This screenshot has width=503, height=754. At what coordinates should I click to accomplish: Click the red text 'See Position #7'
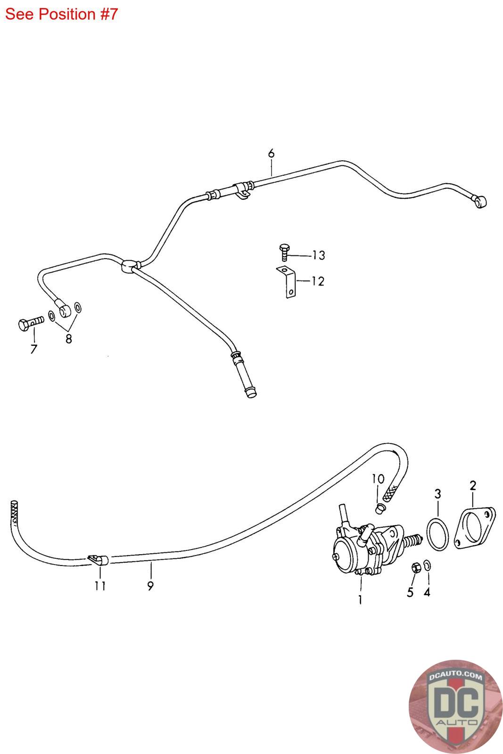pos(61,14)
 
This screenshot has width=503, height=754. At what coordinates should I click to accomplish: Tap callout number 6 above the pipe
pos(271,153)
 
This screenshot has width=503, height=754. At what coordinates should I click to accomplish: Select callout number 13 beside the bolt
pos(319,255)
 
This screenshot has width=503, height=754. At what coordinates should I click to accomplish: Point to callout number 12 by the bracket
pos(318,281)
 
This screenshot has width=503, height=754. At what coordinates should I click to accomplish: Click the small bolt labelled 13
pos(284,251)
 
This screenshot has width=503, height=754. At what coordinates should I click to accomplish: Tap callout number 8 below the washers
pos(69,339)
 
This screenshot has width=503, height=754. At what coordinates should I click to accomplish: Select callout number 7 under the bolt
pos(34,349)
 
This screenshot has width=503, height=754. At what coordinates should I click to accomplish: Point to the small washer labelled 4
pos(427,565)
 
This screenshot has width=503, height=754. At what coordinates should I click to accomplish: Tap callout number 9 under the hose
pos(150,586)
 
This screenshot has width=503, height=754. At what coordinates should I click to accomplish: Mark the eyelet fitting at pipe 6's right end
pos(480,202)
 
